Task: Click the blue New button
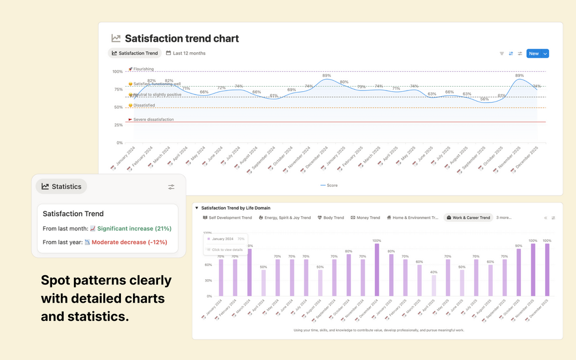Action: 534,53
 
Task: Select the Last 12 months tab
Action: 186,53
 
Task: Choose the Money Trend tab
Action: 365,218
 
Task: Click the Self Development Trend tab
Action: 228,218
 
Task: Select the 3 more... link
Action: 504,218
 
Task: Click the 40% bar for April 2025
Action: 433,285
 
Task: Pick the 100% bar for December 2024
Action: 377,269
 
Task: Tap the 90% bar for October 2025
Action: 519,272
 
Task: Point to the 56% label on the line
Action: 484,99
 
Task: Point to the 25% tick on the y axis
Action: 118,125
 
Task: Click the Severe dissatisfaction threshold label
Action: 153,120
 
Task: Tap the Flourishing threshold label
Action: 143,69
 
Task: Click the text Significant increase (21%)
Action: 134,229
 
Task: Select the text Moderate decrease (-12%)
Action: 129,242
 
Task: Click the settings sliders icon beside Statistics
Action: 171,187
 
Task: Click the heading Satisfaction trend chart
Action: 182,38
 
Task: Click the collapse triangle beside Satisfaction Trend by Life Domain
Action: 197,208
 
